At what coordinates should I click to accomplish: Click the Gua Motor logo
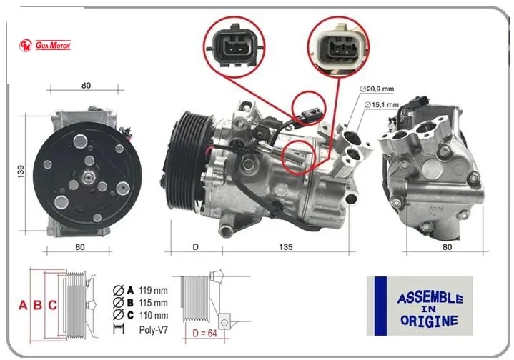45,45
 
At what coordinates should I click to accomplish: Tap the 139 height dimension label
21,171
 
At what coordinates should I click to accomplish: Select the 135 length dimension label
285,247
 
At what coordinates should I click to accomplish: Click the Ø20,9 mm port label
377,89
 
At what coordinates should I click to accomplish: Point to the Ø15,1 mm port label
382,105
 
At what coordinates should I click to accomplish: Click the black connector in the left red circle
234,46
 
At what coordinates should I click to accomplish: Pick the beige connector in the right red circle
339,47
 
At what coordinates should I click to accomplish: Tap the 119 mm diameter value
153,290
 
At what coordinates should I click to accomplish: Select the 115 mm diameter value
153,303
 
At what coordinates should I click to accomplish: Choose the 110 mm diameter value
154,316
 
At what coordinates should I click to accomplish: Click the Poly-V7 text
154,329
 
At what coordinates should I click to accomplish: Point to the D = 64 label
204,333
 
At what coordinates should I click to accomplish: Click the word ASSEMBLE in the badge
430,298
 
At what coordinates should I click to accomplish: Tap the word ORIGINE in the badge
429,321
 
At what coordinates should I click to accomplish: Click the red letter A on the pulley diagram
23,305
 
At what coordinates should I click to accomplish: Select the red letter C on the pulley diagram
53,305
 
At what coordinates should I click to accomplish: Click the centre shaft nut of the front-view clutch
87,177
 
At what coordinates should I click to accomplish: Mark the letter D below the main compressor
195,247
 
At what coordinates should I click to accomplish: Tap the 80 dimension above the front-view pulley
86,86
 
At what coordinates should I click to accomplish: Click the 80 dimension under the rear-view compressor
447,247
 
